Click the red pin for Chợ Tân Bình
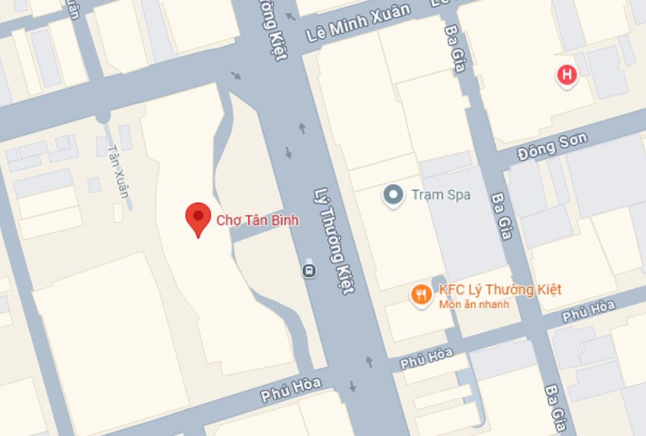tap(198, 218)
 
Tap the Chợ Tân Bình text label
tap(257, 221)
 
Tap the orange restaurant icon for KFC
tap(421, 295)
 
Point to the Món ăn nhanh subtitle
tap(474, 304)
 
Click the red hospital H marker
tap(567, 76)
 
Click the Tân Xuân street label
tap(120, 169)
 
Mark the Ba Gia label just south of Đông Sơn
tap(502, 215)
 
